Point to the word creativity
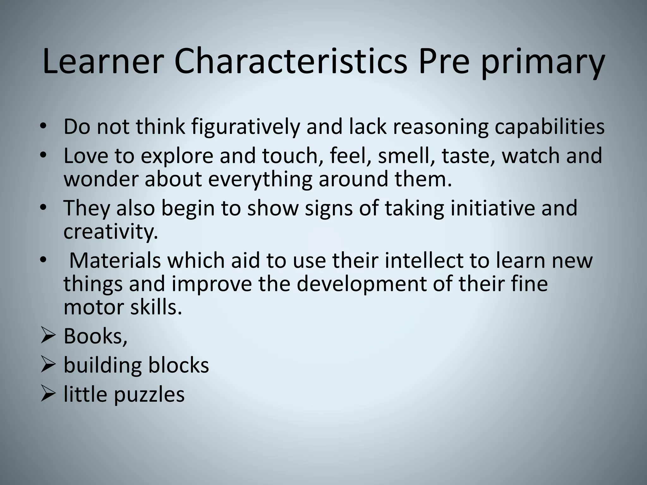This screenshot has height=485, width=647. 111,232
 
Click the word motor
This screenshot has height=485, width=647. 94,307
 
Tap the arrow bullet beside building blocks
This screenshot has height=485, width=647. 48,366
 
